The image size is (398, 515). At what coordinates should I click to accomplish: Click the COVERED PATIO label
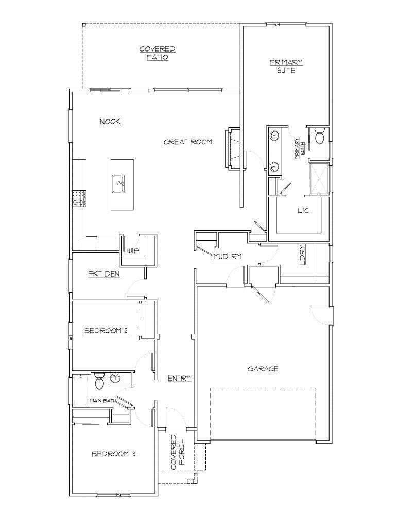(x=157, y=53)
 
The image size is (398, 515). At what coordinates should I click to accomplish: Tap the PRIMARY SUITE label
(x=286, y=66)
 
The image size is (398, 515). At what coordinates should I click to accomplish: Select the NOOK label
(x=110, y=122)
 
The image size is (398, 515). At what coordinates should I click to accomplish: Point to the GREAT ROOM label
(x=188, y=142)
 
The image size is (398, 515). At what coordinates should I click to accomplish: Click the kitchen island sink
(x=119, y=182)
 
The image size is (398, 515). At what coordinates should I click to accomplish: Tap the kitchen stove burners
(x=79, y=198)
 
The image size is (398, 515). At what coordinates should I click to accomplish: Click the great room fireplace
(x=233, y=147)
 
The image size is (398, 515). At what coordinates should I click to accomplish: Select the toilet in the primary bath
(x=318, y=136)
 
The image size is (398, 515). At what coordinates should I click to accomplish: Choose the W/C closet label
(x=303, y=211)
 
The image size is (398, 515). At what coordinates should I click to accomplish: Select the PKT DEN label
(x=104, y=274)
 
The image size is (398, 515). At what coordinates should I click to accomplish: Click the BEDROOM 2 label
(x=106, y=331)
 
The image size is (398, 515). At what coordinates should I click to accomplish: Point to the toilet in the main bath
(x=99, y=382)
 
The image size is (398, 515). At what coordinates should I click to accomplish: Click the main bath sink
(x=115, y=379)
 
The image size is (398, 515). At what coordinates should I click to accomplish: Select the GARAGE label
(x=263, y=369)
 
